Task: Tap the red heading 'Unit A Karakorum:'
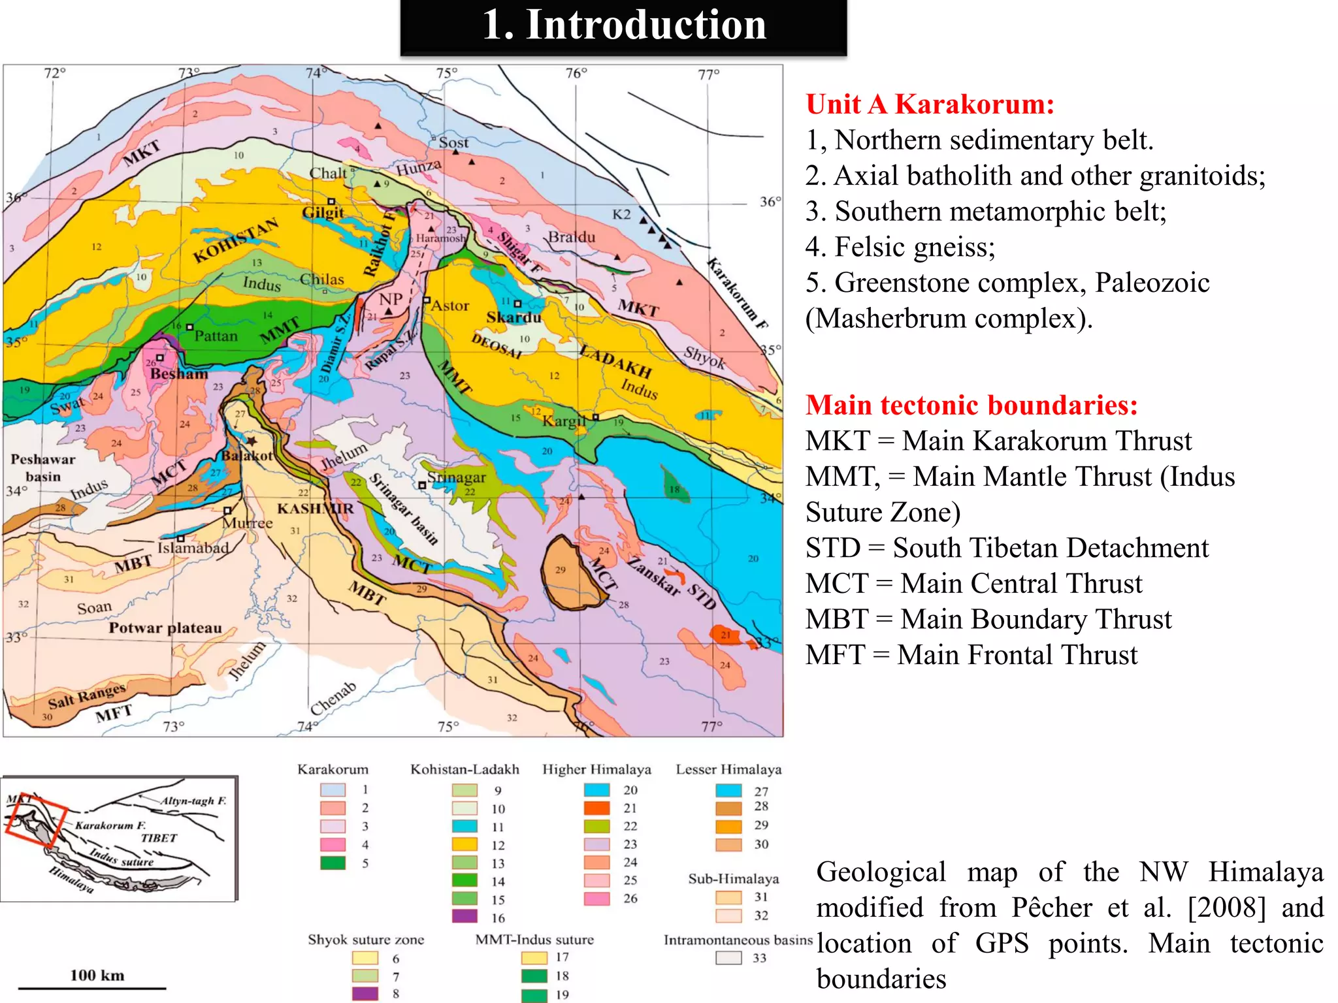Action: click(x=930, y=104)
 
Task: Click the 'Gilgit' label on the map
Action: click(x=323, y=212)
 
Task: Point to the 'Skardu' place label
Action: click(x=514, y=317)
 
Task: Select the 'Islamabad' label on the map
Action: click(x=193, y=547)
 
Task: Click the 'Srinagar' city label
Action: click(x=456, y=477)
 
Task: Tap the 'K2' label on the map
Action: click(x=621, y=215)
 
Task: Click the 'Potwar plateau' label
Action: click(x=165, y=628)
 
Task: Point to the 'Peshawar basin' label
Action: click(x=43, y=468)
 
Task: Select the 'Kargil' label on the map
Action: click(x=564, y=421)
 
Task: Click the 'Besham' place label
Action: click(x=178, y=374)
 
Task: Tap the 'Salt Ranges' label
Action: click(x=86, y=696)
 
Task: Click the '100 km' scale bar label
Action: click(x=97, y=975)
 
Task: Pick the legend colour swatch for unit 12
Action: click(x=465, y=844)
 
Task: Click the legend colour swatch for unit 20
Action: click(x=596, y=790)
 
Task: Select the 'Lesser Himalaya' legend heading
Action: click(x=728, y=769)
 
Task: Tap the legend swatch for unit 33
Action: click(x=728, y=958)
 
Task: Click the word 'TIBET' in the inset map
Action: click(x=159, y=838)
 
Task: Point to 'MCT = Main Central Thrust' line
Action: click(x=973, y=583)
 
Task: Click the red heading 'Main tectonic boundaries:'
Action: click(x=971, y=405)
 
